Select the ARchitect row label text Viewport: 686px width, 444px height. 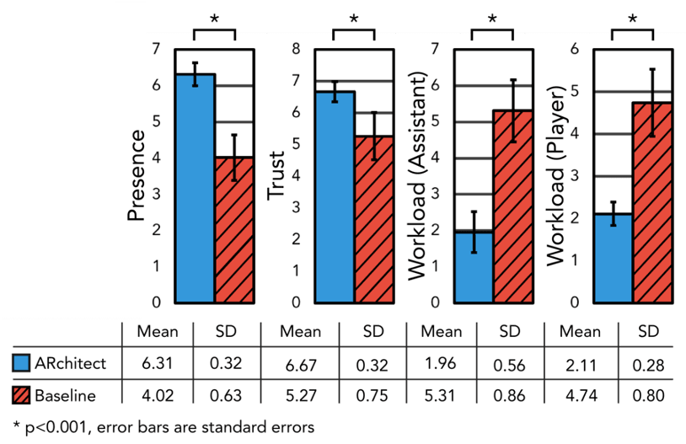click(70, 365)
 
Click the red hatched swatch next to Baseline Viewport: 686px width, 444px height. click(22, 394)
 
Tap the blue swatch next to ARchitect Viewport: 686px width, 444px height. click(22, 364)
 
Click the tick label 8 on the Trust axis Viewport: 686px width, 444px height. click(297, 49)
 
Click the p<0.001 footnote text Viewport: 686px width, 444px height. click(159, 427)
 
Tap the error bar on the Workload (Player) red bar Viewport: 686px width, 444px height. click(651, 103)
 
